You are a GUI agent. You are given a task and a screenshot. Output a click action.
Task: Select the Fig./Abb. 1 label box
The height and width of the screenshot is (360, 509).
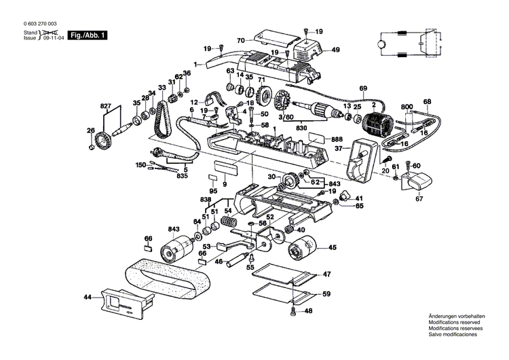coord(86,35)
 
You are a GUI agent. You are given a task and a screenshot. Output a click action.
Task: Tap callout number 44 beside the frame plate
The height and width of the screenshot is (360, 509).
coord(88,297)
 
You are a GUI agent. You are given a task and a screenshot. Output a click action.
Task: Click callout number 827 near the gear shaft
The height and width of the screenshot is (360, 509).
coord(105,107)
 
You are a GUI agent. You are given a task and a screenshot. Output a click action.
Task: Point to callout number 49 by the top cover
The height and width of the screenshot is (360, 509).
coord(335,50)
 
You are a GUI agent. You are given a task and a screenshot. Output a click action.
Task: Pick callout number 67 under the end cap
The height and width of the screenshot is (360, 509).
coord(419,199)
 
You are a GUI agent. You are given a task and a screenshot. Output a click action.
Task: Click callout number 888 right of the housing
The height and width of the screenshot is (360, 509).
coord(337,139)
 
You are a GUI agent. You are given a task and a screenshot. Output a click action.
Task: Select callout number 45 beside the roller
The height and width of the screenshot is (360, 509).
coord(332,248)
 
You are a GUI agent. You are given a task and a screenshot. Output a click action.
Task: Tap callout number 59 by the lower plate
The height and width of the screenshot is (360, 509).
coord(326,293)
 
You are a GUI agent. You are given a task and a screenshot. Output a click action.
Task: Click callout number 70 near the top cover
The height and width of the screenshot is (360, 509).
coord(240,41)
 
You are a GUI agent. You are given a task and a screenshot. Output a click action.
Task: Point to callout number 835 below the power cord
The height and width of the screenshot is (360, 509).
coord(182,176)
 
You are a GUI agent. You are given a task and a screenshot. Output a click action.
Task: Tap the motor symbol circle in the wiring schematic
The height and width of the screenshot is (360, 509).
coord(381,44)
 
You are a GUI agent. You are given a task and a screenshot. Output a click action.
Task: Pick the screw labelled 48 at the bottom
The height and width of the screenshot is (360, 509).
coord(293,311)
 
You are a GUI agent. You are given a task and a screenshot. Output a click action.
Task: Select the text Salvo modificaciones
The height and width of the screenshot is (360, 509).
coord(453,336)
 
